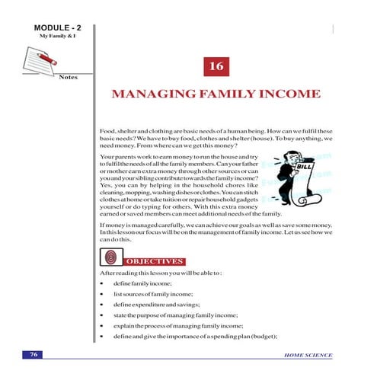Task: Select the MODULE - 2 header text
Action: pyautogui.click(x=49, y=28)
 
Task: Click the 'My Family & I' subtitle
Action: pyautogui.click(x=49, y=37)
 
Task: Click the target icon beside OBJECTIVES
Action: pyautogui.click(x=113, y=257)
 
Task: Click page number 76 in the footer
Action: pyautogui.click(x=34, y=355)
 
